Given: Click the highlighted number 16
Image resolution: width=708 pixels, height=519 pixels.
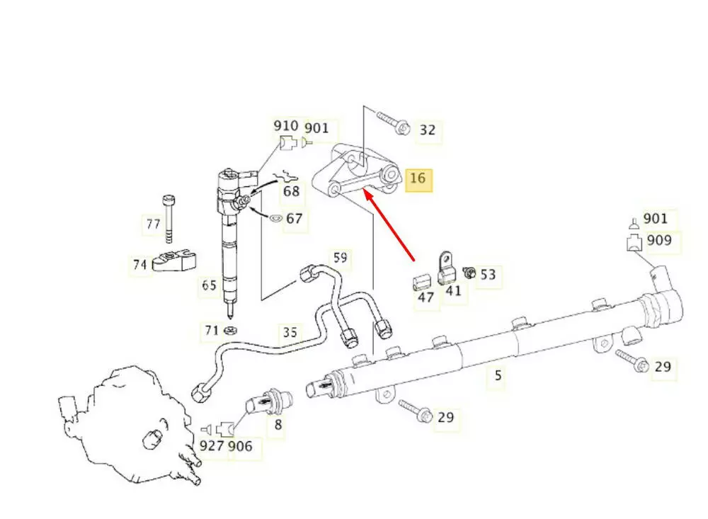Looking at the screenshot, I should click(418, 178).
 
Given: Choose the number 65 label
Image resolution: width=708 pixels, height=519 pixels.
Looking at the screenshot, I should click(209, 286).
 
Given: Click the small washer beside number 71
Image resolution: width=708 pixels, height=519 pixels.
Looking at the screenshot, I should click(229, 331).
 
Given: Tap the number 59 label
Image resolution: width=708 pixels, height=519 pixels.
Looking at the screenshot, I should click(341, 258).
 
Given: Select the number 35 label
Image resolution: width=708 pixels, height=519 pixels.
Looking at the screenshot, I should click(290, 332).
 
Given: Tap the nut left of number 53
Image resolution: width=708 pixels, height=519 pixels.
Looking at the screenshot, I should click(468, 273).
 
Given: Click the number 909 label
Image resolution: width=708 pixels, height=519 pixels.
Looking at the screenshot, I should click(659, 241).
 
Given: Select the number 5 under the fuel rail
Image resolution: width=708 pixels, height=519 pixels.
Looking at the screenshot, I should click(498, 375).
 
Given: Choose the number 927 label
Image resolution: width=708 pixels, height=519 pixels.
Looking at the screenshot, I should click(211, 446).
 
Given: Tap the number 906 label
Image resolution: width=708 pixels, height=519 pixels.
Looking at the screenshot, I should click(239, 446).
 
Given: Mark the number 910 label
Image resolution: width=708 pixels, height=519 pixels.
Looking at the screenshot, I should click(286, 126).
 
